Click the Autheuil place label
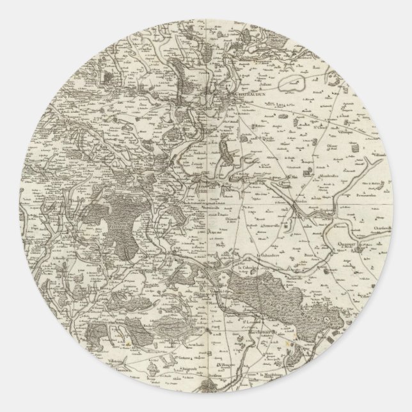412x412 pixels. pos(198,154)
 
